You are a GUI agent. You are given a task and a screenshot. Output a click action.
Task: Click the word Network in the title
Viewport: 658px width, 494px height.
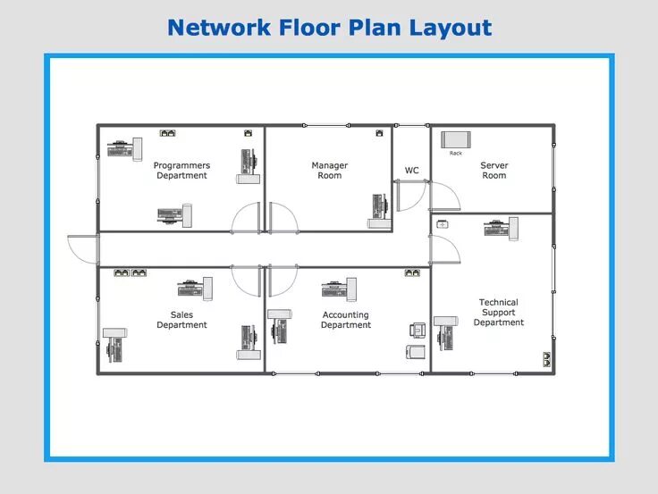[x=217, y=28]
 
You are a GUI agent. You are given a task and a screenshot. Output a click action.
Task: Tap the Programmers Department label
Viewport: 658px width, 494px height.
[x=181, y=171]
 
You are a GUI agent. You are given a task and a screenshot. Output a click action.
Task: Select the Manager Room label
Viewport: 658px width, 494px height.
[x=329, y=171]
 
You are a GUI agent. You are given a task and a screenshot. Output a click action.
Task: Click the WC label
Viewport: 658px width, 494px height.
[x=411, y=171]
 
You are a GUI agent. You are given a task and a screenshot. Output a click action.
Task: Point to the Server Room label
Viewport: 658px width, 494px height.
[x=493, y=171]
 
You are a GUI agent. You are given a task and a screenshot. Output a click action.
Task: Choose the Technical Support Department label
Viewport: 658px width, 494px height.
[x=498, y=313]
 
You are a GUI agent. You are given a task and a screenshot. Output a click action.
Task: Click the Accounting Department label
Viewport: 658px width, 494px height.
[x=345, y=320]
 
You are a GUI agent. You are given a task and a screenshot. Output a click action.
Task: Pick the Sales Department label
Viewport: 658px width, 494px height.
[x=181, y=320]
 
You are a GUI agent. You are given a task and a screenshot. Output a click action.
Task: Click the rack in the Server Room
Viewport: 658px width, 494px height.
[x=456, y=139]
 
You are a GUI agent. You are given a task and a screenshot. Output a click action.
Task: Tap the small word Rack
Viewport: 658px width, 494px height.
[x=456, y=154]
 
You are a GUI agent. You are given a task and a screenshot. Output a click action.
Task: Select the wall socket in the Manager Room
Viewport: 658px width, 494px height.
[x=380, y=133]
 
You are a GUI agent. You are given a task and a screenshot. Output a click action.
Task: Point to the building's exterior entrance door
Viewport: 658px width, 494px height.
[x=81, y=247]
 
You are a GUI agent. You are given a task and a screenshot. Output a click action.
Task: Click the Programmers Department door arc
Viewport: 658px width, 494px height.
[x=246, y=218]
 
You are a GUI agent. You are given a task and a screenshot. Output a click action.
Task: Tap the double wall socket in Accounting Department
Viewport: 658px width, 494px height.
[x=412, y=272]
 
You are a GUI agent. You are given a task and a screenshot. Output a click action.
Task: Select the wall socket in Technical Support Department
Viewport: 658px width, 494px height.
[x=545, y=360]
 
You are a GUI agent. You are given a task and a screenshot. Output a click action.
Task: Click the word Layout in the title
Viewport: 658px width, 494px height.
[x=451, y=28]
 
